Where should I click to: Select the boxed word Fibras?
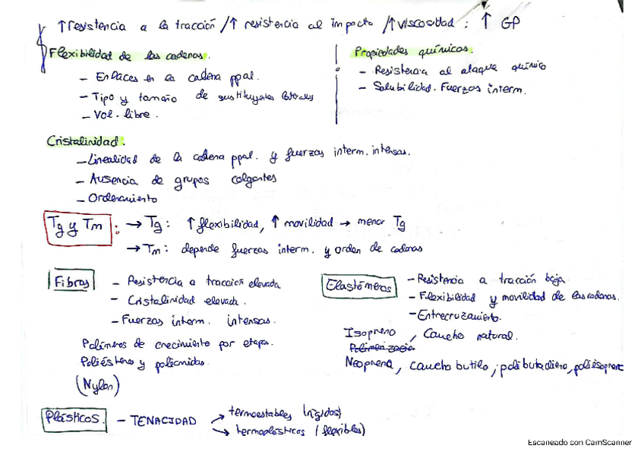72,283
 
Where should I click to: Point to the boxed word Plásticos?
74,418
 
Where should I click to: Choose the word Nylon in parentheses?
98,385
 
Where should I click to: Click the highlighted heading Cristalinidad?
84,141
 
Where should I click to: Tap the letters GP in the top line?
511,24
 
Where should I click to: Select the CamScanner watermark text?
579,442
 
